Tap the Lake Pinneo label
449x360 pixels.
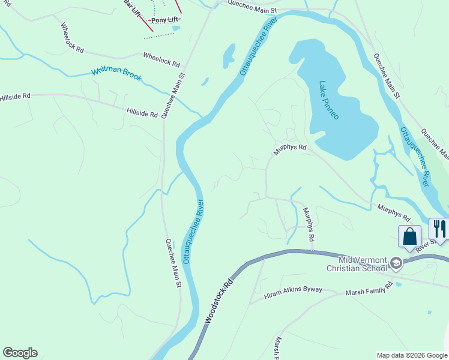click(329, 100)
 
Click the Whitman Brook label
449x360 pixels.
click(116, 74)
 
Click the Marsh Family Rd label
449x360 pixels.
click(368, 288)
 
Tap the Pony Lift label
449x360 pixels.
click(166, 20)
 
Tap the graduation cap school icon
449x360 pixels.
click(396, 263)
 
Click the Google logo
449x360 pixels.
click(20, 353)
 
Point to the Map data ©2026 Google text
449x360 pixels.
click(411, 355)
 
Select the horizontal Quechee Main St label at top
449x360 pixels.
click(252, 7)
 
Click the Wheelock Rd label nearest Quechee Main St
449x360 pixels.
click(161, 59)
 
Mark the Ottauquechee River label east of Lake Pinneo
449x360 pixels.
click(415, 157)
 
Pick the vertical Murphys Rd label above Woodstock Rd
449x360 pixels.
click(309, 224)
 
